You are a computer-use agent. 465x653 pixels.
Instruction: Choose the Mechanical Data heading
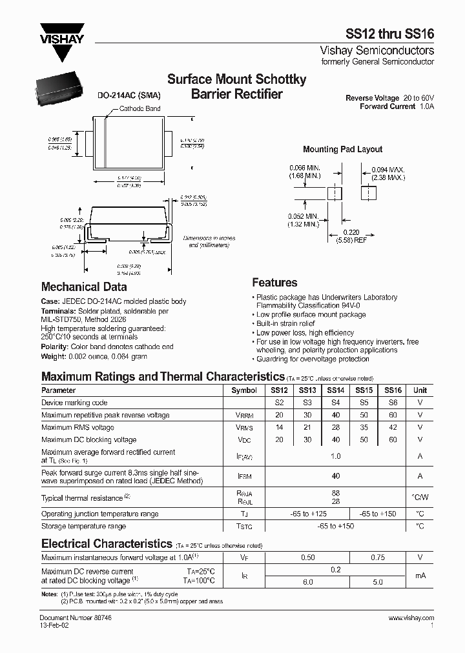click(x=84, y=287)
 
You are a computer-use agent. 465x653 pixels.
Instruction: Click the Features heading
click(x=274, y=283)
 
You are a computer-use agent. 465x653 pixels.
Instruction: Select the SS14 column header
click(x=335, y=390)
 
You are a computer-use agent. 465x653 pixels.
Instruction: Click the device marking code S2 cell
click(x=279, y=403)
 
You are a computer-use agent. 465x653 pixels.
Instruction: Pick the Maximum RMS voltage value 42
click(x=393, y=427)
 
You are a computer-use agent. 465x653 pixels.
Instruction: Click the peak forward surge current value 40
click(x=335, y=476)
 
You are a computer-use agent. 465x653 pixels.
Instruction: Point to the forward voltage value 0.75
click(x=377, y=557)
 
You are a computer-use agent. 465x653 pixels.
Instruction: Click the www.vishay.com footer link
click(x=411, y=618)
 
